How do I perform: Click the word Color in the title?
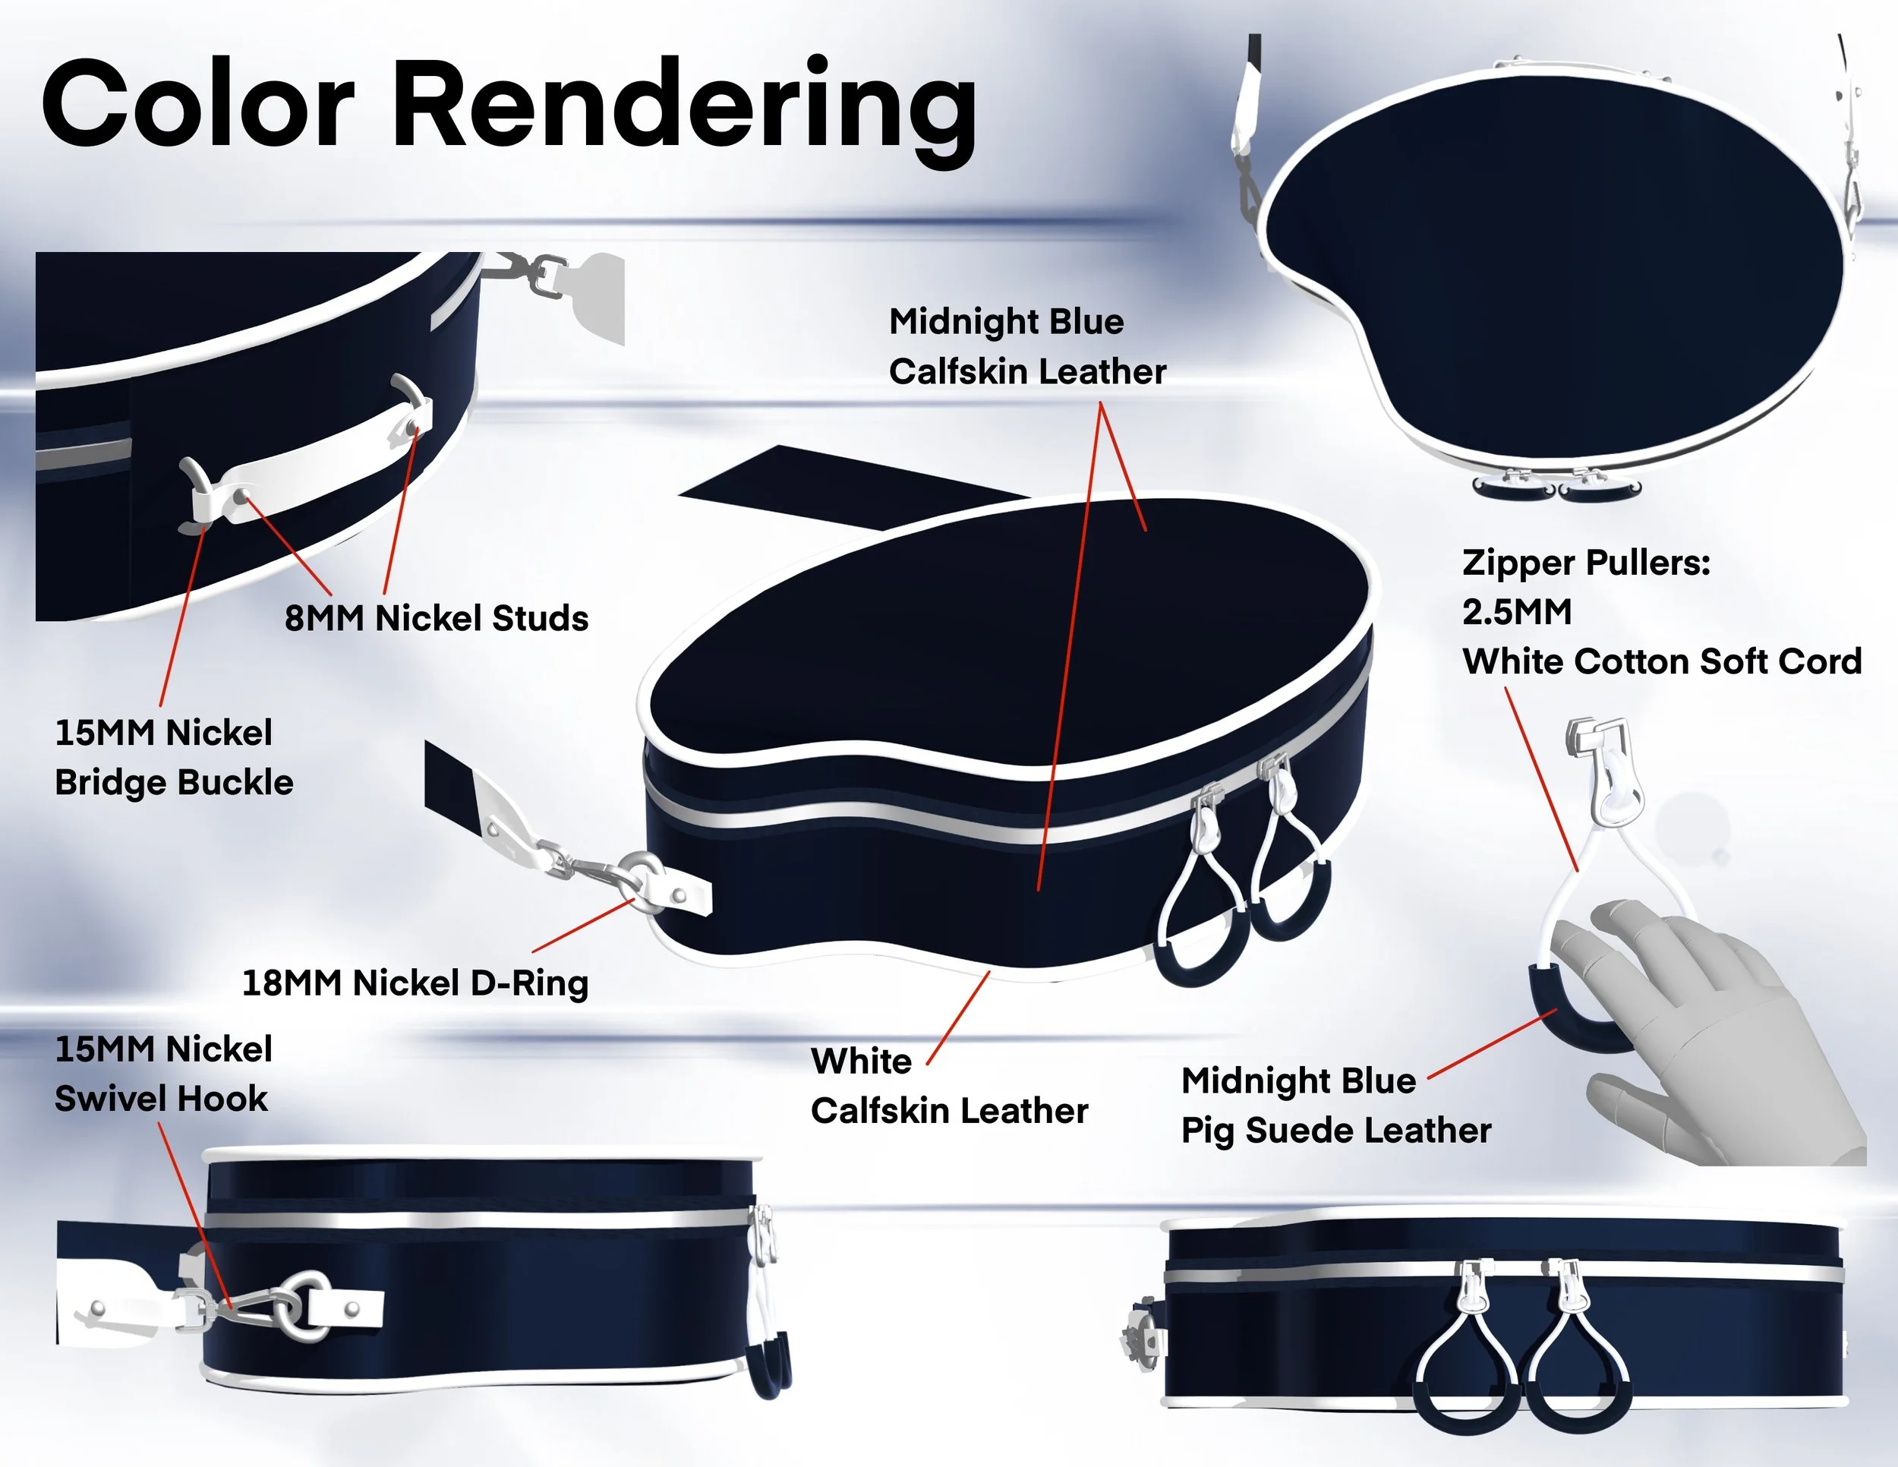click(x=198, y=106)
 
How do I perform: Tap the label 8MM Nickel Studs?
click(x=437, y=618)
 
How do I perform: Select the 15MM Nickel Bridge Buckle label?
click(x=174, y=757)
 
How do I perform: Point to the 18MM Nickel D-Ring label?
click(x=415, y=983)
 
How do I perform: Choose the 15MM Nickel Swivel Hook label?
click(x=163, y=1074)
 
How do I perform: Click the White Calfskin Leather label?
click(x=949, y=1086)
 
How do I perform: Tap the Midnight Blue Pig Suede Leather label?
click(x=1335, y=1106)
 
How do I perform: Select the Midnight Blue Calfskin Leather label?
click(x=1027, y=346)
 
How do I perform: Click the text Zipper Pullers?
click(x=1586, y=563)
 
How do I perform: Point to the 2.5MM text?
click(x=1516, y=612)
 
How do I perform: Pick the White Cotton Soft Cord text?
click(x=1662, y=661)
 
